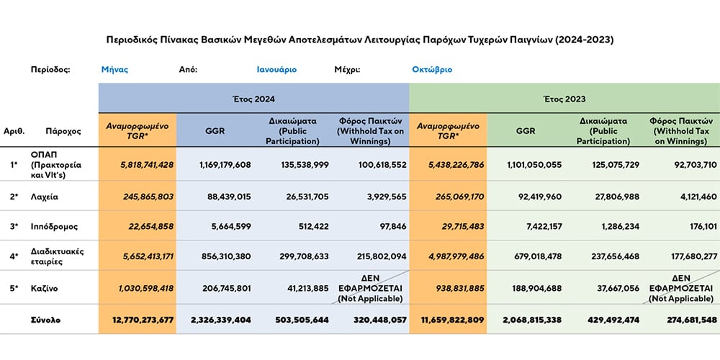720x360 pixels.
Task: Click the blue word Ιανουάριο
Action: coord(276,70)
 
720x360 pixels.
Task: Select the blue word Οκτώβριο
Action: coord(432,70)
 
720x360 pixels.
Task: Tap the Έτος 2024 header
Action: coord(253,98)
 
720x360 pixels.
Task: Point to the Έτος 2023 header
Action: coord(564,98)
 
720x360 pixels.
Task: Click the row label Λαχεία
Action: coord(44,197)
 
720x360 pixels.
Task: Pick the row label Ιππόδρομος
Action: coord(54,226)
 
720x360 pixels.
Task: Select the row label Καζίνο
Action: coord(44,288)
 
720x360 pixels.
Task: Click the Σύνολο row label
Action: coord(45,320)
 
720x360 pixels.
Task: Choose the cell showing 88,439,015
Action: coord(225,197)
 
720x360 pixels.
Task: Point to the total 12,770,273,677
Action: coord(143,320)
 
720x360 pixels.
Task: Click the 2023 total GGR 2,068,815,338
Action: coord(531,320)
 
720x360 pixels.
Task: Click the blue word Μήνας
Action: coord(114,70)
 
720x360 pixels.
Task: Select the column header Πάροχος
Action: coord(63,131)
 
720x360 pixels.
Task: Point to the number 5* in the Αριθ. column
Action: coord(14,288)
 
